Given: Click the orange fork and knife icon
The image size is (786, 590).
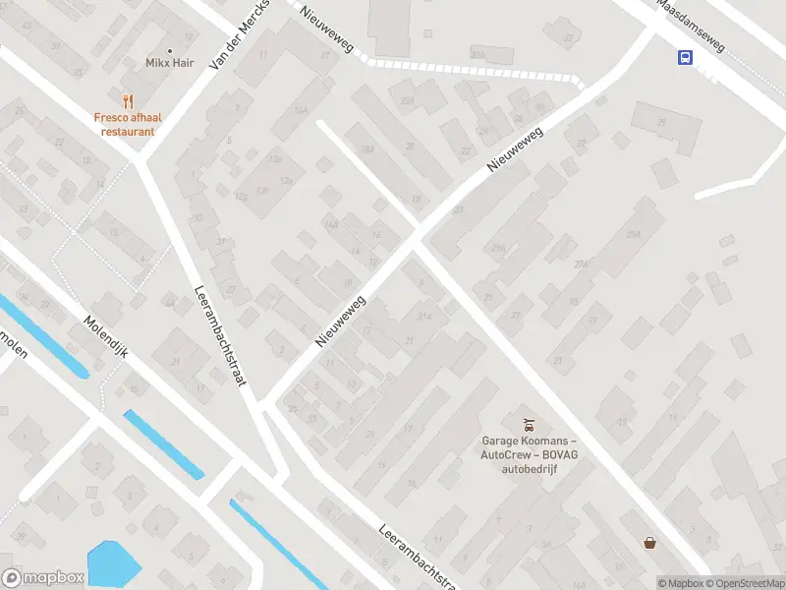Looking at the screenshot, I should tap(127, 100).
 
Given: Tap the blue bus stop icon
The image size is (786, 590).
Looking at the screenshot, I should tap(685, 57).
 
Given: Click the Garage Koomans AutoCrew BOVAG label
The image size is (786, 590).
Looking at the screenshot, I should tap(529, 455).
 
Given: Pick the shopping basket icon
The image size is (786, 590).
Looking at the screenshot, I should tap(649, 542).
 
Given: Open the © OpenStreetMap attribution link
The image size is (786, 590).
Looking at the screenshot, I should tap(745, 583).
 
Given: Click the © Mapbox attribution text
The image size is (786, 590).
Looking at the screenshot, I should tap(680, 583).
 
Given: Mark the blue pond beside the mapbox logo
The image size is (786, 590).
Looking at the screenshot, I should tap(116, 564).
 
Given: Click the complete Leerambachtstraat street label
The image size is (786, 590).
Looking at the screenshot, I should tap(219, 335).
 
